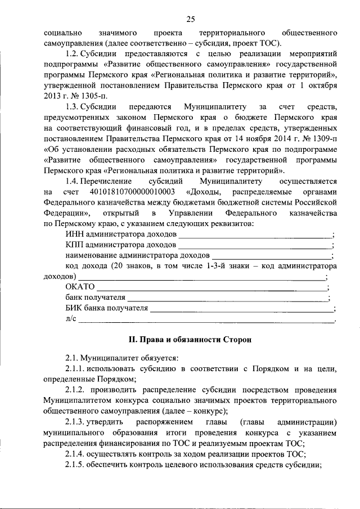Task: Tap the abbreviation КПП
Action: click(74, 246)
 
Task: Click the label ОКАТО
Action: click(80, 287)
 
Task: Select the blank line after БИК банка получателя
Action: click(241, 309)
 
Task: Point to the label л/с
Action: click(70, 319)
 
